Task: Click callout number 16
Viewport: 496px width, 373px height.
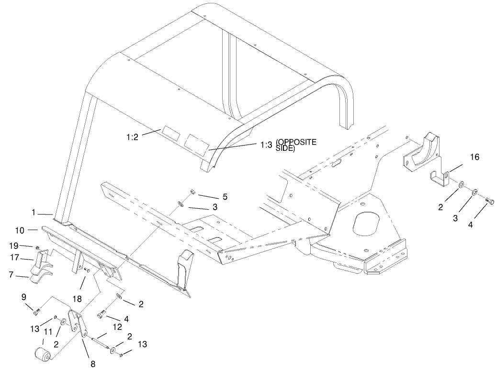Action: (x=474, y=157)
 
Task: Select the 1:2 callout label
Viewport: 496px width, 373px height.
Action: (x=133, y=137)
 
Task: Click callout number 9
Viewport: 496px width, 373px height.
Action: (x=24, y=297)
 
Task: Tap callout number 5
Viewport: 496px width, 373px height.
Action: (x=225, y=196)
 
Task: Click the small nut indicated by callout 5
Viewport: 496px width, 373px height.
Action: (x=193, y=192)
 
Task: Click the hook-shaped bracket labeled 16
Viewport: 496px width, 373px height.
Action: (x=439, y=178)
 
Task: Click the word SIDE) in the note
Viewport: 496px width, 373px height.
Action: (x=285, y=149)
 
